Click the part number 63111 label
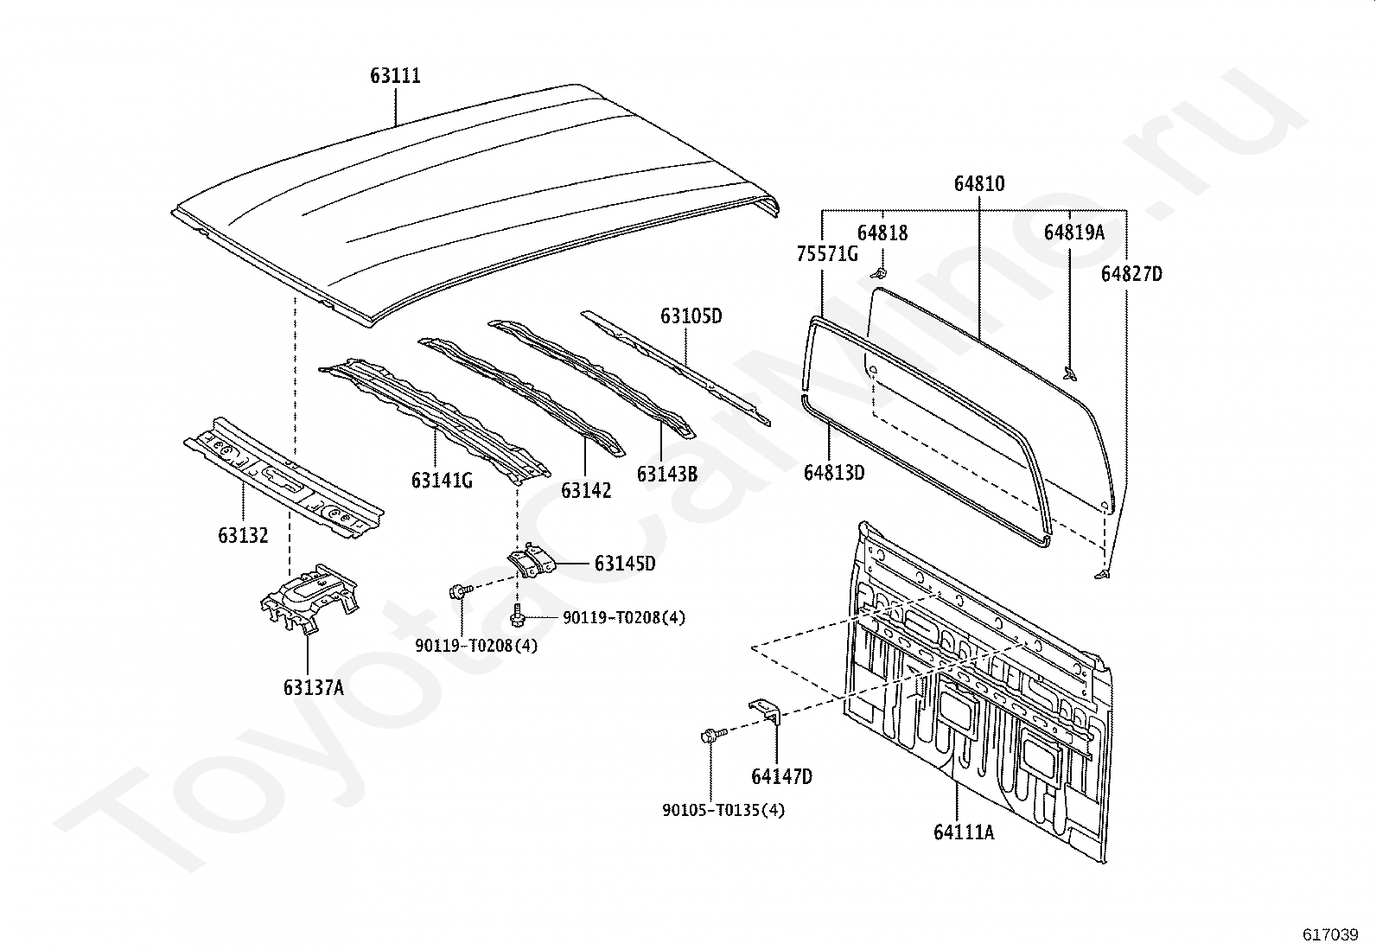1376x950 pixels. pos(395,76)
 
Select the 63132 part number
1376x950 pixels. pos(243,536)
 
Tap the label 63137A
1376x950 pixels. pos(313,688)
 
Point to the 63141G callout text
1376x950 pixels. pos(442,481)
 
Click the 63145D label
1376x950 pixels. pos(625,564)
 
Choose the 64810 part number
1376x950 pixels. pos(979,184)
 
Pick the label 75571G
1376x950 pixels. pos(827,253)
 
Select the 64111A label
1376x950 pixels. pos(964,832)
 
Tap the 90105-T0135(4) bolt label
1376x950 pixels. pos(723,811)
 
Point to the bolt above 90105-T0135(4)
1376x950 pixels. pos(709,736)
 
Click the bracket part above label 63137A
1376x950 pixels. pos(308,597)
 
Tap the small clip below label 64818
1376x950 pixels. pos(879,274)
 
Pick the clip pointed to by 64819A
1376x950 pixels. pos(1070,373)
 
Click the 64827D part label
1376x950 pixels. pos(1131,274)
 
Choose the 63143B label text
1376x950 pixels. pos(666,474)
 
